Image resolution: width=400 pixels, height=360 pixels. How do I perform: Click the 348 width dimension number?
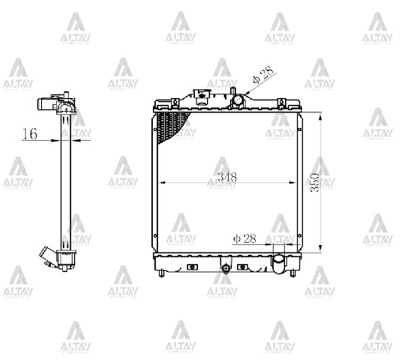(227, 176)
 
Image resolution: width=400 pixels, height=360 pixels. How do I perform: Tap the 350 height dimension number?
(315, 182)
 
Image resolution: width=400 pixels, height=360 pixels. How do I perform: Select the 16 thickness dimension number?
(30, 134)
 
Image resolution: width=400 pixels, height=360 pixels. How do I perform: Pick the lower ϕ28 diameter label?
(244, 238)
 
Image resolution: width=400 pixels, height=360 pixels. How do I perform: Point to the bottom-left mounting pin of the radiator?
(161, 274)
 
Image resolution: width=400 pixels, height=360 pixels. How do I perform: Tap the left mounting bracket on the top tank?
(174, 103)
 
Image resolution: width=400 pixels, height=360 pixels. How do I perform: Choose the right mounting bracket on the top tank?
(281, 103)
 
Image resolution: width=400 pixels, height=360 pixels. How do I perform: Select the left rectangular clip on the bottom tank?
(192, 267)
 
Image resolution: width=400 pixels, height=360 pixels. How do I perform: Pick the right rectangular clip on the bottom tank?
(242, 267)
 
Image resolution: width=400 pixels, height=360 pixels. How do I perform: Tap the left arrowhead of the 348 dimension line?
(162, 182)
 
